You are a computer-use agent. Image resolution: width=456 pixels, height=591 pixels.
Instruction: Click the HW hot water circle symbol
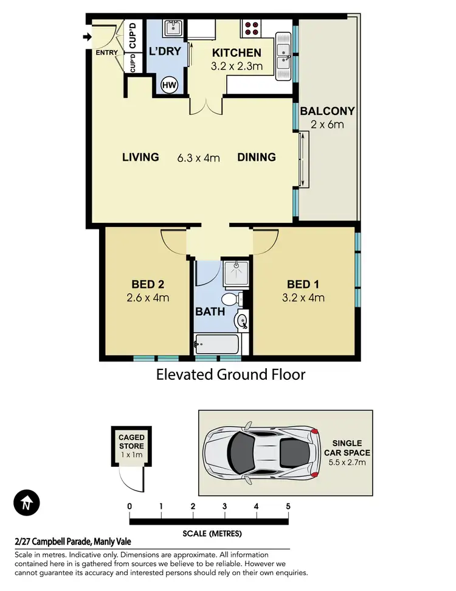point(169,86)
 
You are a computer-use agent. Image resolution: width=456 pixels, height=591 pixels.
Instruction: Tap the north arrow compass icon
point(26,503)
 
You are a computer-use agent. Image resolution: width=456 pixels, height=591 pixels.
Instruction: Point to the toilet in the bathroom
point(230,299)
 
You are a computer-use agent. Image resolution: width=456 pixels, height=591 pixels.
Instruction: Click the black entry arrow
point(86,38)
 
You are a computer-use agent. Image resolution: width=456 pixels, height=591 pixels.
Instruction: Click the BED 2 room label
point(148,284)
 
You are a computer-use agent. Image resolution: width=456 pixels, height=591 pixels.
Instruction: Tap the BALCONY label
point(327,111)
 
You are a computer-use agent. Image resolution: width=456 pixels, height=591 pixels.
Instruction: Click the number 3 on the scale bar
point(224,506)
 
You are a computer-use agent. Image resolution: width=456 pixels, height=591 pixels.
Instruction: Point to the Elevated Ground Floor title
point(230,374)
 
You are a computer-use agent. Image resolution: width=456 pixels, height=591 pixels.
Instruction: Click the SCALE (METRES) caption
point(212,534)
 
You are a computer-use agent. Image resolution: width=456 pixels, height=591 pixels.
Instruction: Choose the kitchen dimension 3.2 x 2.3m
point(237,66)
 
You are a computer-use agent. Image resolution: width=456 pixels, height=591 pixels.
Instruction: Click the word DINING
point(257,157)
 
